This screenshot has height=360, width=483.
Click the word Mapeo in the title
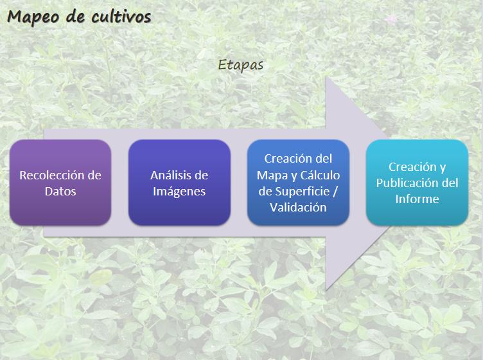(33, 17)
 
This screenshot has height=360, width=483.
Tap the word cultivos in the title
(121, 16)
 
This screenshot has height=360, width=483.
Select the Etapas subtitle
(241, 65)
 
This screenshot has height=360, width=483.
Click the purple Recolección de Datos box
(60, 183)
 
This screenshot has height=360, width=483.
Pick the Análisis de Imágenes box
(179, 183)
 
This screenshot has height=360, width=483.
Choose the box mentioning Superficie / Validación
(298, 183)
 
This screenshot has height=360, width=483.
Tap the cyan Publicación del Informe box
(417, 183)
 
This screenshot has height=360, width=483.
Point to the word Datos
(60, 192)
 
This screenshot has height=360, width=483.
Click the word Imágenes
(179, 192)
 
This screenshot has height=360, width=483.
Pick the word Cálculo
(320, 175)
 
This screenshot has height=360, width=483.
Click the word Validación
(298, 208)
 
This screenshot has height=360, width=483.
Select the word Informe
(417, 199)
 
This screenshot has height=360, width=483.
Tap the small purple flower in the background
(391, 21)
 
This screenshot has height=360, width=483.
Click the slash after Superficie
(335, 192)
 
